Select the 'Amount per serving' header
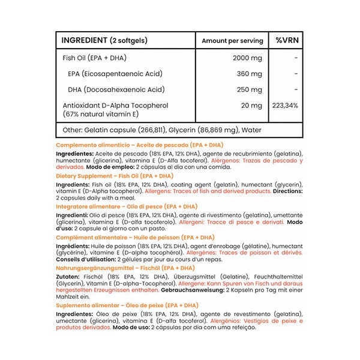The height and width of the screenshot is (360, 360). (x=232, y=41)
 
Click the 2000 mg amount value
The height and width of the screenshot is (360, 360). (x=247, y=58)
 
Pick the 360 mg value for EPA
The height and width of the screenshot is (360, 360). (x=250, y=74)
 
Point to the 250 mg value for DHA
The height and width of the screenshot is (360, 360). (x=250, y=89)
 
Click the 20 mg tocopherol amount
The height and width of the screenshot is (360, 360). (x=253, y=106)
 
